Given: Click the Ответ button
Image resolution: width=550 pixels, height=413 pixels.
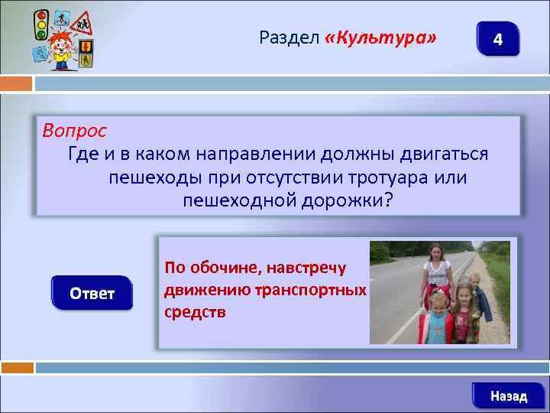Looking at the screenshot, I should pos(92,294).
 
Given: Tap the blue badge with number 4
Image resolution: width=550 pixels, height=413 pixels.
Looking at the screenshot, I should pos(497,39).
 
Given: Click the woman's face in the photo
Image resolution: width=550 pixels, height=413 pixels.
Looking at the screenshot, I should pos(436,252).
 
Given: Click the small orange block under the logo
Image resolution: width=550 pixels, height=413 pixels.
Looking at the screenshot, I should pos(16,83).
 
